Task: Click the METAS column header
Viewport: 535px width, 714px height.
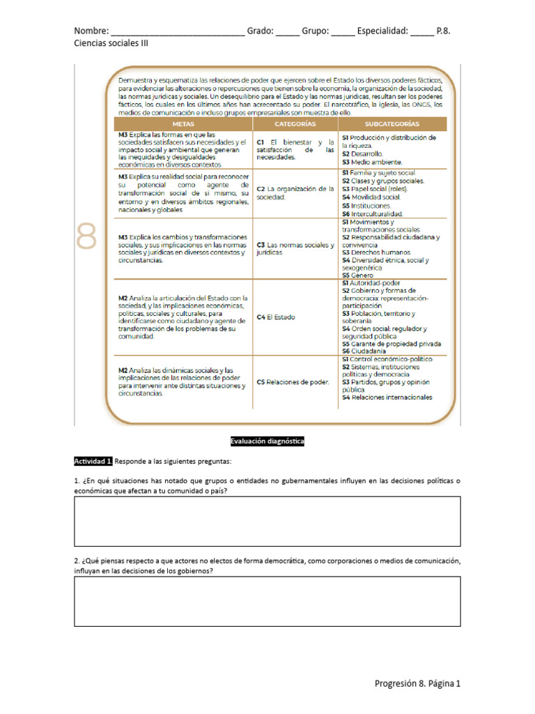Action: click(x=183, y=123)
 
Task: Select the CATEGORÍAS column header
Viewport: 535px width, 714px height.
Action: click(x=295, y=123)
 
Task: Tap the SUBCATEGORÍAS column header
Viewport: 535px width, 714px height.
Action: click(x=392, y=123)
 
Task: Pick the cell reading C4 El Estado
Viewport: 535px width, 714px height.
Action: click(x=276, y=317)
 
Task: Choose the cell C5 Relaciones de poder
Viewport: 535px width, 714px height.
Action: click(x=293, y=381)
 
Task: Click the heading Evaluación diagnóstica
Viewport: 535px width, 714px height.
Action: click(x=267, y=441)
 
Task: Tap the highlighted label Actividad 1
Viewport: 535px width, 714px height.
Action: click(x=93, y=462)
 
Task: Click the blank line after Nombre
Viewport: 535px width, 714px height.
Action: click(x=177, y=32)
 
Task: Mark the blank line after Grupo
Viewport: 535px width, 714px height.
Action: click(x=342, y=32)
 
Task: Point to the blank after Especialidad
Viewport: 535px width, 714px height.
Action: click(x=421, y=32)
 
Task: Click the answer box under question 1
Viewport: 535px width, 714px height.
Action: click(x=267, y=521)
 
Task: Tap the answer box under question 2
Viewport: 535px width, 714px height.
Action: click(x=267, y=601)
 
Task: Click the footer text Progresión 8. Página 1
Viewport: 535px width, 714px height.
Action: click(x=417, y=683)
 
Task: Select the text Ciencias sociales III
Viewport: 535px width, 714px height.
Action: click(x=111, y=43)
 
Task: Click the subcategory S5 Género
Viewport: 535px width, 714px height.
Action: click(x=358, y=275)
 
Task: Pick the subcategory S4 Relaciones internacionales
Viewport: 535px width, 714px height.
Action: click(x=387, y=397)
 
